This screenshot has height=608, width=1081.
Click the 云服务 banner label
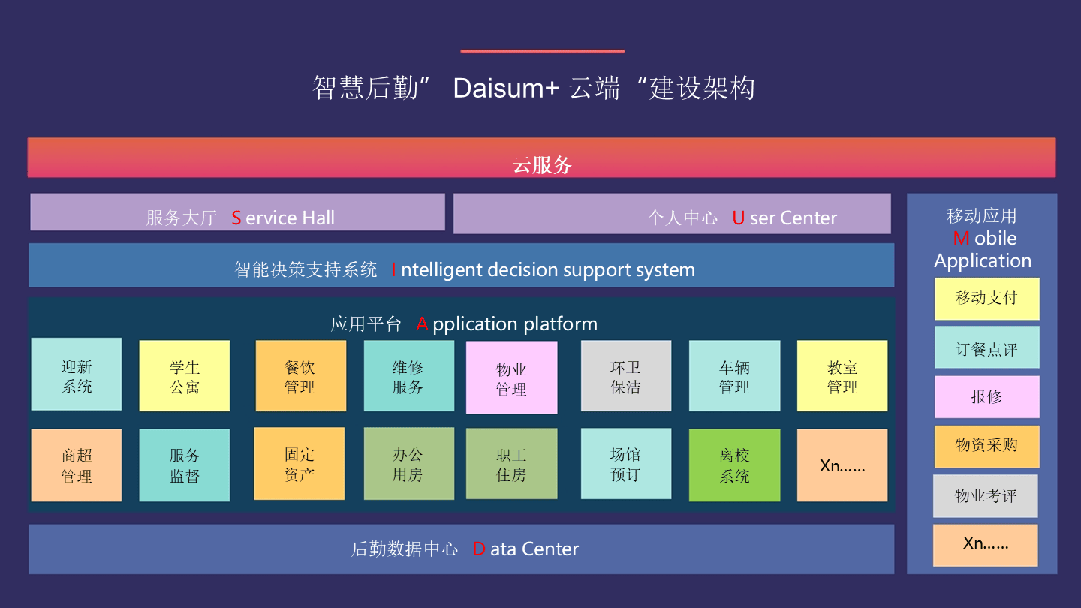point(542,165)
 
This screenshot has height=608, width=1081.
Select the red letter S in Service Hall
point(236,218)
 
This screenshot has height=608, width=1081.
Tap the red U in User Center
point(738,218)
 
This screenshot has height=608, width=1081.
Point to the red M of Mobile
point(962,239)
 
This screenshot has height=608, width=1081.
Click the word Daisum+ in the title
point(506,89)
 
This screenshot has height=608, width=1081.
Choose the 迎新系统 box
point(77,375)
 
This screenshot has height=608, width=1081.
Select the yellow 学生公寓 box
point(185,376)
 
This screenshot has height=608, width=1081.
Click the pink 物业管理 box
point(511,378)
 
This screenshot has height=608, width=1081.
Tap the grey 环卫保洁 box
point(626,376)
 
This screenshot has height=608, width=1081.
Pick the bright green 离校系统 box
point(734,465)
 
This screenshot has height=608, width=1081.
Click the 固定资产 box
point(300,464)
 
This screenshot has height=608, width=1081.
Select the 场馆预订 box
point(626,464)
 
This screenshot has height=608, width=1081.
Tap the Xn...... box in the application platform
point(842,465)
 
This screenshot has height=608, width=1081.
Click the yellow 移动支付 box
point(987,299)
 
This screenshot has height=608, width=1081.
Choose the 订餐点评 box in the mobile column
point(987,348)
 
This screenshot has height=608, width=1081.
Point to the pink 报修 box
point(987,396)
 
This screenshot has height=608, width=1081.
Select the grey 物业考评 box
point(986,496)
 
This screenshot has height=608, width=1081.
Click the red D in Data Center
point(479,549)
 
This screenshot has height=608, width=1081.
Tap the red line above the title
point(543,51)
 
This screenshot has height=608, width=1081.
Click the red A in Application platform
point(422,324)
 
